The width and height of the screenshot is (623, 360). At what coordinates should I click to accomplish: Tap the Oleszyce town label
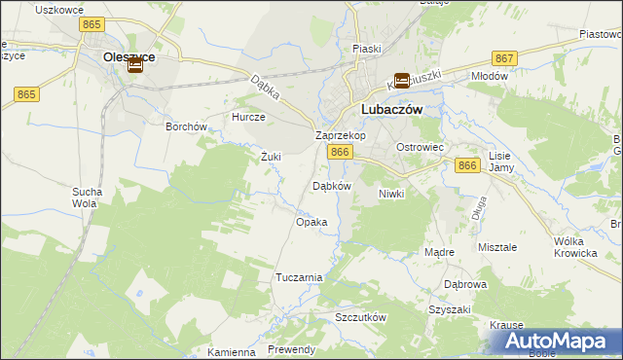(128, 57)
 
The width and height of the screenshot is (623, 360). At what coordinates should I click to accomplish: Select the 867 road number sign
(503, 58)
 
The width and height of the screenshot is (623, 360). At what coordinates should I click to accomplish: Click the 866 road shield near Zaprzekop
(339, 153)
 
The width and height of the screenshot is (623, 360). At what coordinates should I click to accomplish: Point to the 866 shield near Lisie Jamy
(467, 166)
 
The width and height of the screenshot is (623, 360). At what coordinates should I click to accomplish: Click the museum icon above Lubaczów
(401, 82)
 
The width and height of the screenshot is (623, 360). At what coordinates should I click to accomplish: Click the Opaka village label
(311, 222)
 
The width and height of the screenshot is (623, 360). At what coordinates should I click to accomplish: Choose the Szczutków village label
(360, 318)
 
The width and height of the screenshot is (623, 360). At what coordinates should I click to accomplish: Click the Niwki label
(390, 194)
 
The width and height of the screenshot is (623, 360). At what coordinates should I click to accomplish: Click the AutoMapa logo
(560, 342)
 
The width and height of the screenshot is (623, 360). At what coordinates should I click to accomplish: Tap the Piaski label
(367, 48)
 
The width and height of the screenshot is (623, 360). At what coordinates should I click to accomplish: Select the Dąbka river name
(265, 90)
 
